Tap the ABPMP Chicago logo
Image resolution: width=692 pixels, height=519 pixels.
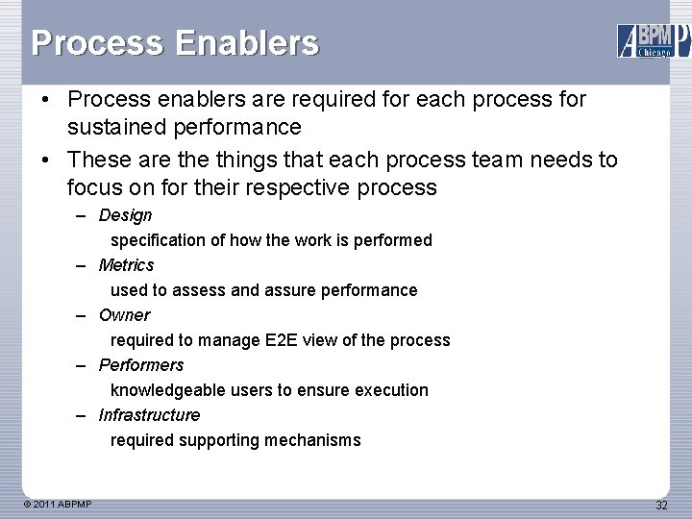pyautogui.click(x=654, y=40)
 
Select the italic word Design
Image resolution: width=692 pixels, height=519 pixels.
pyautogui.click(x=125, y=215)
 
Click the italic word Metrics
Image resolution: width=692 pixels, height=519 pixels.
pyautogui.click(x=126, y=265)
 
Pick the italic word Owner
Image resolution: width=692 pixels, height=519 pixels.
pyautogui.click(x=124, y=315)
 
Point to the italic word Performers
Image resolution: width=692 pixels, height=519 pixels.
pyautogui.click(x=141, y=365)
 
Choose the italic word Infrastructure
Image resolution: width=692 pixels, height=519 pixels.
pyautogui.click(x=149, y=415)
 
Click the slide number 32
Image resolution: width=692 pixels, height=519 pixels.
pyautogui.click(x=661, y=506)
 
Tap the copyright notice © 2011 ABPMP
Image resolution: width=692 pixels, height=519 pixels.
pyautogui.click(x=59, y=505)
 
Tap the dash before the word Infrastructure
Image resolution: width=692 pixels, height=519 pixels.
pyautogui.click(x=84, y=415)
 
